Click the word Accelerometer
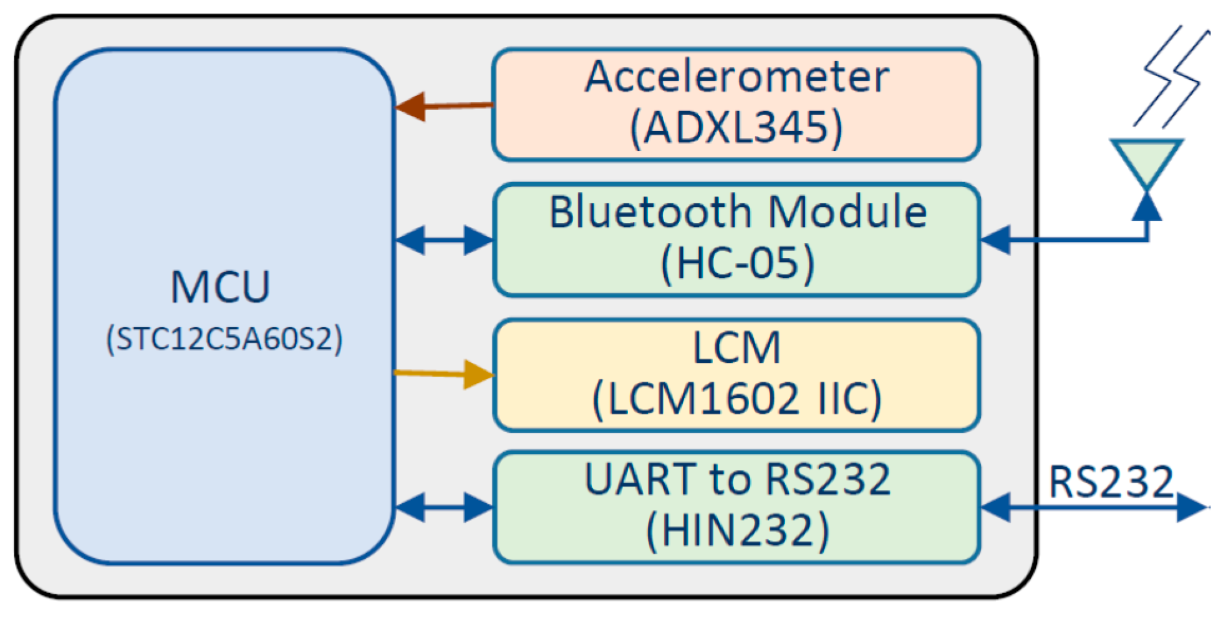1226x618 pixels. click(736, 77)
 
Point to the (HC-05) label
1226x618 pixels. click(737, 263)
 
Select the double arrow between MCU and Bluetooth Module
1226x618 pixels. click(444, 240)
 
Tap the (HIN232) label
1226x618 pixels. click(737, 531)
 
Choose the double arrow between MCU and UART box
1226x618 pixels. click(444, 507)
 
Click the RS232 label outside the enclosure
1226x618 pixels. click(1111, 482)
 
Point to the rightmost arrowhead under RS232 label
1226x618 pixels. click(1191, 507)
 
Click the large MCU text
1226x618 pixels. click(220, 287)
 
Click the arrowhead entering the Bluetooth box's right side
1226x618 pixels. click(997, 240)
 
